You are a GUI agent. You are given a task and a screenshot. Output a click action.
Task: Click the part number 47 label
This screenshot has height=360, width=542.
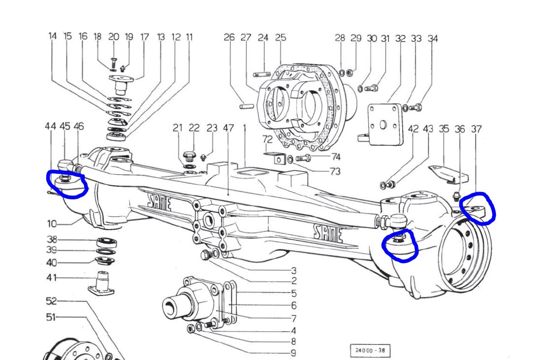[228, 128]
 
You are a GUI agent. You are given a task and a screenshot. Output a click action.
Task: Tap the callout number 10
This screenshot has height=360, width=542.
[52, 224]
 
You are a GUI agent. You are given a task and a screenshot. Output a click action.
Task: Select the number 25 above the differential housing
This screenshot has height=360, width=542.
[281, 37]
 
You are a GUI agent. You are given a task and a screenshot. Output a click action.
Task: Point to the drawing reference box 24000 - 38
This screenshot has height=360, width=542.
[370, 350]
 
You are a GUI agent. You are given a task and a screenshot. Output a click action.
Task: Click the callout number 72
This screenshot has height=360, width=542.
[267, 139]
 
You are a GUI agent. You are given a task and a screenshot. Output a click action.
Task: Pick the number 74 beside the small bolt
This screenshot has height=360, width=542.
[336, 157]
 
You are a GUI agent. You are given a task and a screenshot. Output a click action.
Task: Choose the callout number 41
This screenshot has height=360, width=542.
[52, 278]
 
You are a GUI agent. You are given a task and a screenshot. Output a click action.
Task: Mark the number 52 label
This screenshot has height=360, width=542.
[51, 301]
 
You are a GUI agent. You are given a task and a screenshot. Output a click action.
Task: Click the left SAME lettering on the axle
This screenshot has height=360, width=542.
[159, 202]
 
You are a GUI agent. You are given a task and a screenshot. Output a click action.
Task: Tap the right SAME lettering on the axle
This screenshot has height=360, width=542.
[328, 234]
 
